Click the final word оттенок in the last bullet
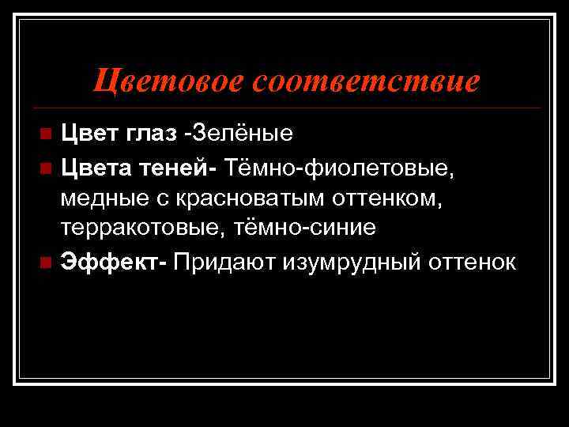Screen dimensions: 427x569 click(473, 261)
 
